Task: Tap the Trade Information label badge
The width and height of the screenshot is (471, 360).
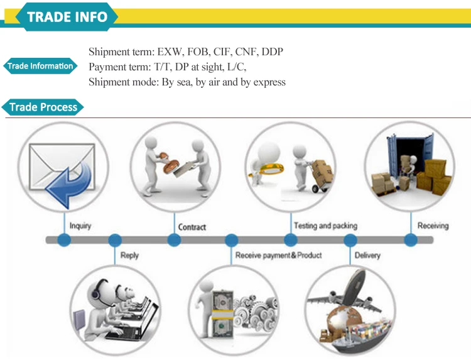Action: (40, 66)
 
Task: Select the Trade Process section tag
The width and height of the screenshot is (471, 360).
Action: (43, 107)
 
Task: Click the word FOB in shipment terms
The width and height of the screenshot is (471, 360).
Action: (202, 52)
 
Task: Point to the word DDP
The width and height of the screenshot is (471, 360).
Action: (272, 52)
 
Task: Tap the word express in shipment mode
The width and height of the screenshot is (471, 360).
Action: (269, 82)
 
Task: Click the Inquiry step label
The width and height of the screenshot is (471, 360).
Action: (80, 225)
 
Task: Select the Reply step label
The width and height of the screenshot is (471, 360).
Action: (129, 255)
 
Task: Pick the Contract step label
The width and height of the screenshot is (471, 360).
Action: (192, 226)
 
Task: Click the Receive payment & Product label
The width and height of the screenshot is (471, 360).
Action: (278, 255)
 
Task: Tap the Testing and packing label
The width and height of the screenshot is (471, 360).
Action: (325, 225)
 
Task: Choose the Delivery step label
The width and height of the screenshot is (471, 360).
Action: (367, 255)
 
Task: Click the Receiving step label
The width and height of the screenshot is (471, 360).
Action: (433, 225)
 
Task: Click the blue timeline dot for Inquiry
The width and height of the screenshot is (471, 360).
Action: (63, 240)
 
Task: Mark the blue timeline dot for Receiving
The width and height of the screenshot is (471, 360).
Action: (410, 240)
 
